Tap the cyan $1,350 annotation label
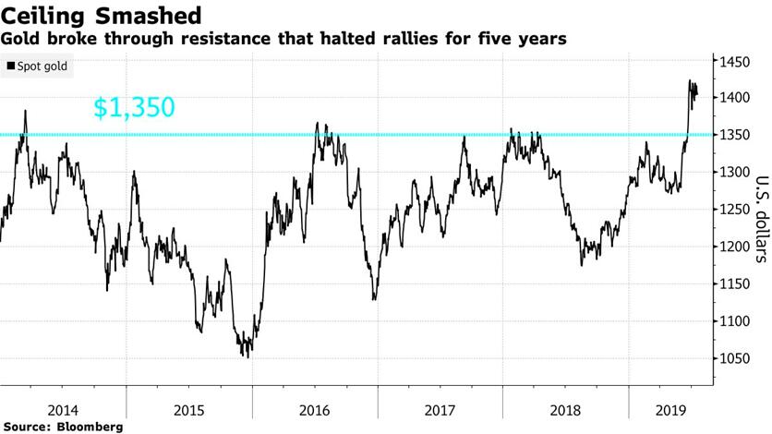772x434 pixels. pos(134,108)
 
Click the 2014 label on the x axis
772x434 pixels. pos(63,409)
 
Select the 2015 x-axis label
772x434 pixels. pos(188,409)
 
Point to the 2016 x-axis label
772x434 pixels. pos(314,409)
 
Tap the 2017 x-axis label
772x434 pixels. pos(440,409)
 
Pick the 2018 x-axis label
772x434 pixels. pos(565,409)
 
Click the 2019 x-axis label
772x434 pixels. pos(668,409)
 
